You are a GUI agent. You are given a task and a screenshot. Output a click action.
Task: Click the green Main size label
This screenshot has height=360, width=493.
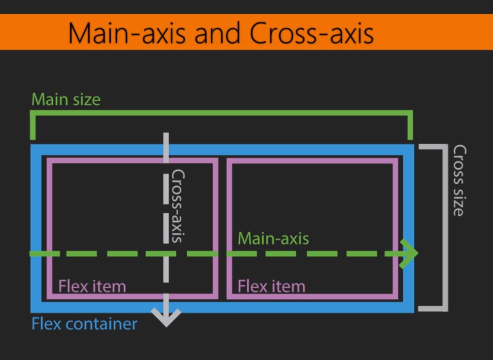66,99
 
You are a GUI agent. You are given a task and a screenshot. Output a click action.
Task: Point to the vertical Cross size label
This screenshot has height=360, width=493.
460,180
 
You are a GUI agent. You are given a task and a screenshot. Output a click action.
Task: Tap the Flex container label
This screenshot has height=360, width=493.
84,323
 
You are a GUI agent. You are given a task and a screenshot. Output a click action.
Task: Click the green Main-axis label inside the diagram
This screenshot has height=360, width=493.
273,238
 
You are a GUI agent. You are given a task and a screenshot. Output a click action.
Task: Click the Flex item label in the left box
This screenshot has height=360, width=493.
92,286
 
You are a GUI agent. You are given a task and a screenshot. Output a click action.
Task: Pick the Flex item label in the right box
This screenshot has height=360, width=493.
271,286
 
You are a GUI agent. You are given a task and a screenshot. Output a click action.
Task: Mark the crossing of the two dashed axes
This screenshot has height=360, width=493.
166,253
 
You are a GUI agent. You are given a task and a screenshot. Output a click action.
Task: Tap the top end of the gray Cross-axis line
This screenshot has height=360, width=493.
166,135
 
